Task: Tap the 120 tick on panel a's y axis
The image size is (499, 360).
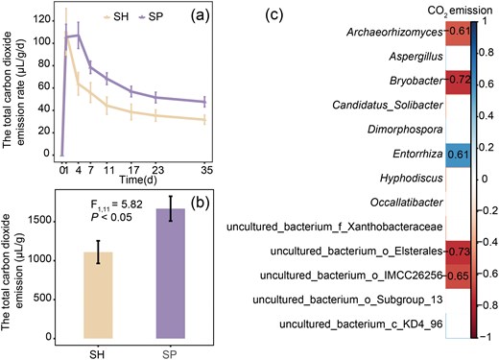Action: tap(42, 18)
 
